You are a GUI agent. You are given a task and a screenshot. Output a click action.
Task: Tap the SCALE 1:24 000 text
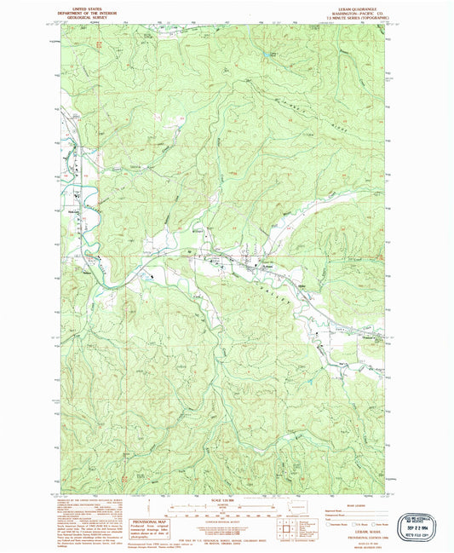[x=227, y=500]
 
